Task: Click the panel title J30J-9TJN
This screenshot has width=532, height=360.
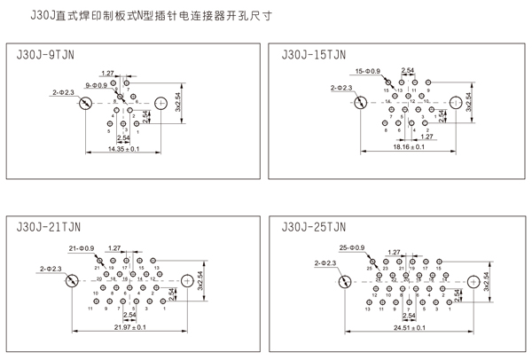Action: click(45, 54)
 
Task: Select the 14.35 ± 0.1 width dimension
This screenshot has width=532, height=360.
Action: click(124, 150)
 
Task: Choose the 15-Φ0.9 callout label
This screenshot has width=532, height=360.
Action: click(367, 70)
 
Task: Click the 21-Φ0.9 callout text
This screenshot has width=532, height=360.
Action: click(81, 247)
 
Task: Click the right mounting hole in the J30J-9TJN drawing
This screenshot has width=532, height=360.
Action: click(161, 104)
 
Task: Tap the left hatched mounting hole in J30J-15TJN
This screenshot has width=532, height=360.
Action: click(359, 104)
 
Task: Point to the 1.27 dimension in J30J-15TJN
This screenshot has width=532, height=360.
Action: click(426, 137)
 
